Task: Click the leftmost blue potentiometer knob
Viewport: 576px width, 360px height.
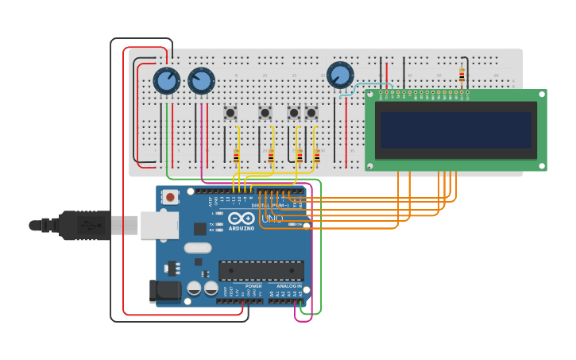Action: click(166, 80)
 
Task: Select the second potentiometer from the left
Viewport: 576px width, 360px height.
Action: click(201, 80)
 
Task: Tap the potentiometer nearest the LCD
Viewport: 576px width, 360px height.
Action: click(340, 75)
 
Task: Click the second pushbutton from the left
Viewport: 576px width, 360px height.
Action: click(265, 113)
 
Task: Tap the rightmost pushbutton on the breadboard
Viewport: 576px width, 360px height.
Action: click(311, 113)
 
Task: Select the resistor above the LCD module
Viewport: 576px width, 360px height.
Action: click(462, 75)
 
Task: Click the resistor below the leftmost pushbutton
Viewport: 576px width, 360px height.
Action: click(236, 156)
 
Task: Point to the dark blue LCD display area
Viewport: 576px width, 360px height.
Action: click(456, 130)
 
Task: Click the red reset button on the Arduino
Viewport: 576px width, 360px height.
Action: click(170, 197)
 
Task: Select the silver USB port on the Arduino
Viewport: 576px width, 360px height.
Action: click(159, 226)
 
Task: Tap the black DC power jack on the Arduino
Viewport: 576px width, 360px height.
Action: click(164, 291)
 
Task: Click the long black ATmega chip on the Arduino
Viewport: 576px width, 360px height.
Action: click(261, 271)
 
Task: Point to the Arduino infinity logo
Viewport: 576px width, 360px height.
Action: click(241, 218)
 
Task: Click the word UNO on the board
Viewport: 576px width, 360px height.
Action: click(272, 218)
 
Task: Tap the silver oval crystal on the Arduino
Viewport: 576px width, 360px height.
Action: click(198, 248)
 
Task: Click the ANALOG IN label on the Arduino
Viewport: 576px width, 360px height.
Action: click(288, 286)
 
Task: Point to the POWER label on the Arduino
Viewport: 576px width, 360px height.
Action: click(253, 286)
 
